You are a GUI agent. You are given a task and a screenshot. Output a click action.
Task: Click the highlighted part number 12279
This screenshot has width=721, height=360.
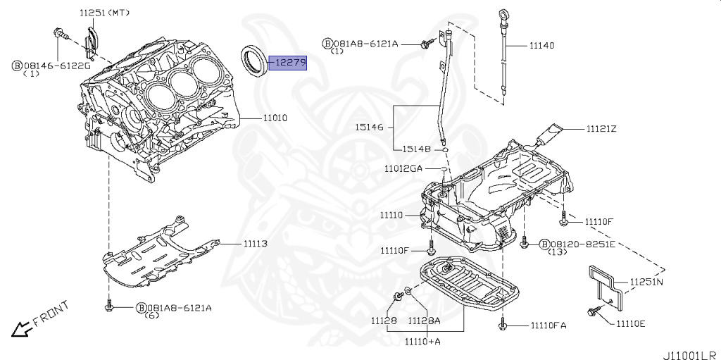(290, 63)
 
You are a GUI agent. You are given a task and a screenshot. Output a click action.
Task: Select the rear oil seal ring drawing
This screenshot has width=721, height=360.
(255, 59)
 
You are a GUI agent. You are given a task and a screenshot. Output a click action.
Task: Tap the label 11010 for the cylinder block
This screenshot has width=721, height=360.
(275, 118)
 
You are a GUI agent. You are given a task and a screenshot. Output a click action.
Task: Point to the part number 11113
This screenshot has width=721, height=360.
(256, 244)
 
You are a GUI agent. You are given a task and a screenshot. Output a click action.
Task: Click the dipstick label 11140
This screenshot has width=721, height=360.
(541, 45)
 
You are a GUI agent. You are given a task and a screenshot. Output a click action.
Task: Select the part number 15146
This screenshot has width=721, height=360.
(368, 128)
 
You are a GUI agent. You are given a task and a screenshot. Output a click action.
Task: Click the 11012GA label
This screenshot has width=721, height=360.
(403, 169)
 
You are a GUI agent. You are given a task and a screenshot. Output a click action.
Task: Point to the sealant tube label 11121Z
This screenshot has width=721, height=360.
(601, 129)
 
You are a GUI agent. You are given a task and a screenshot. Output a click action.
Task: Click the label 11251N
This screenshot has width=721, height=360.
(646, 282)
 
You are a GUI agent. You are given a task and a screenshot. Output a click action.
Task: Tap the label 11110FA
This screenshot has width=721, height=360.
(544, 325)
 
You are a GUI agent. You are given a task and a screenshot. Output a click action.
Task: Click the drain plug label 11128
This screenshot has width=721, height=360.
(384, 321)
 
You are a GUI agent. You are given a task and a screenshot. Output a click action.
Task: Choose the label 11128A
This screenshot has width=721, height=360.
(425, 321)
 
